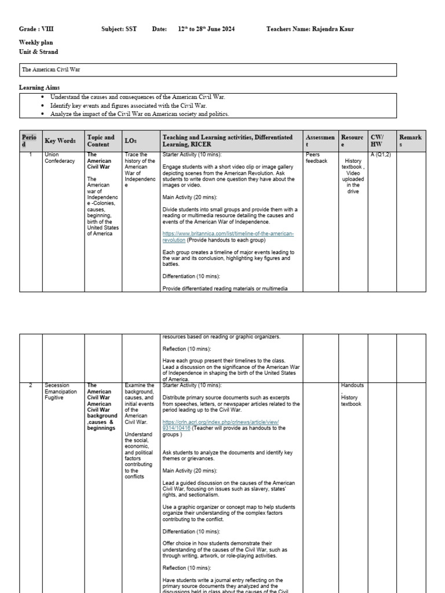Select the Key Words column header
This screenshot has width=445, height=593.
[x=60, y=141]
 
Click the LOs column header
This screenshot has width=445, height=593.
[x=130, y=141]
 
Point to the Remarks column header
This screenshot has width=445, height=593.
[x=410, y=141]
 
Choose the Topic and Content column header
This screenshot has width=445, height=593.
[x=101, y=141]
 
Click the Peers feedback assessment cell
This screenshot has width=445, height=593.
[x=316, y=158]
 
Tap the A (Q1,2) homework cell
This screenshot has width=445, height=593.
[x=381, y=155]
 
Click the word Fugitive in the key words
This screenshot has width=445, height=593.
[x=54, y=398]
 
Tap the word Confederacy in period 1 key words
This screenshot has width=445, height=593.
[x=60, y=161]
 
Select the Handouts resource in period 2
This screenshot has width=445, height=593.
[x=352, y=385]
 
